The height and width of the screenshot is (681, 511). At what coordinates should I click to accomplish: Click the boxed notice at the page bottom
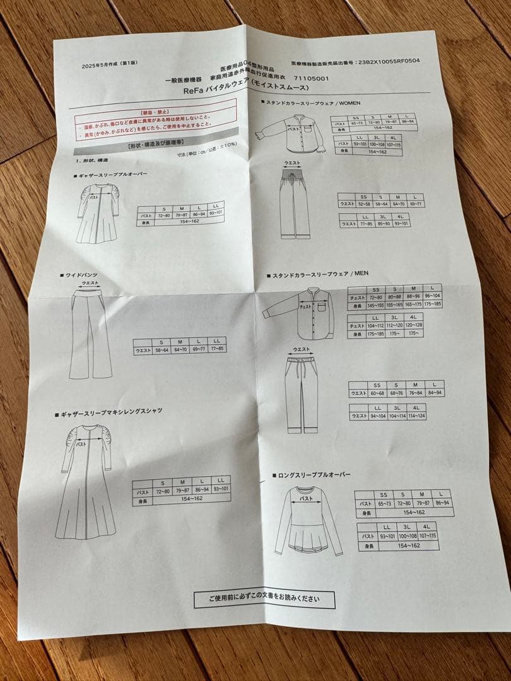264,598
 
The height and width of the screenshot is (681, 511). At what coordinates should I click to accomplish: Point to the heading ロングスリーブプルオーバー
314,474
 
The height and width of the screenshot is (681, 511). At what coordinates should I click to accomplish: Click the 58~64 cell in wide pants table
163,349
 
